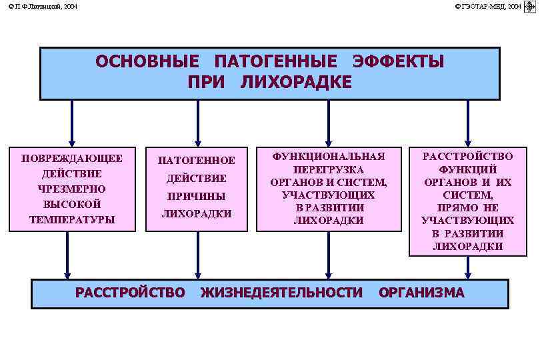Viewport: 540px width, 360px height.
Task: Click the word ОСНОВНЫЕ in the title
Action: coord(147,62)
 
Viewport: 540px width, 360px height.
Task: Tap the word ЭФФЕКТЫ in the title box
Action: coord(398,62)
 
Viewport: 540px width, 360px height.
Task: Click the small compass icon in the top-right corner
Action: coord(531,7)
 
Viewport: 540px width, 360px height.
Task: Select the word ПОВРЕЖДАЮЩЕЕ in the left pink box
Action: coord(72,159)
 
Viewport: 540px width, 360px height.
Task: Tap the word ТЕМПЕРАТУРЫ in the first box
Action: coord(72,219)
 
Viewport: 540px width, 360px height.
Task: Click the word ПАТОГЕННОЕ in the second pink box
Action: coord(197,161)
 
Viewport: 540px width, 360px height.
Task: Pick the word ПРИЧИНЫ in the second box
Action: coord(197,197)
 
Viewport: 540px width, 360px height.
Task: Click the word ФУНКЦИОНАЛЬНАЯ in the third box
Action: coord(329,156)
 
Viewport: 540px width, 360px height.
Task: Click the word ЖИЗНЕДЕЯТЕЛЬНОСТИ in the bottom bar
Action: coord(281,292)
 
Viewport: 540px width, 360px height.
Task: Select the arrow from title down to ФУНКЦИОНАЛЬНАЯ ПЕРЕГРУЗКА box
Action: coord(328,123)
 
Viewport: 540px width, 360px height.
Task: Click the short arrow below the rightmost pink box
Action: coord(468,267)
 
